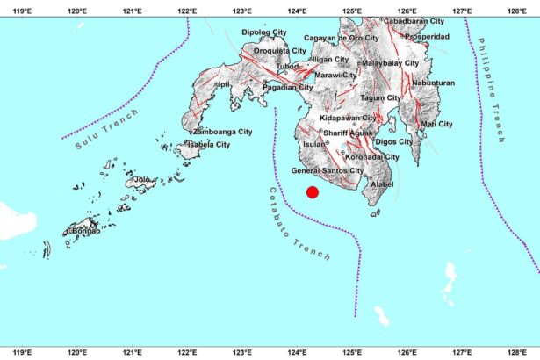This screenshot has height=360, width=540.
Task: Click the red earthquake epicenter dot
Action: [311, 193]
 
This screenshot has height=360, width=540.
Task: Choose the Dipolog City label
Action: [264, 32]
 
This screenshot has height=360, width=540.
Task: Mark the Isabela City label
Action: [208, 144]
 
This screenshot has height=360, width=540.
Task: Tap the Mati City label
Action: [436, 125]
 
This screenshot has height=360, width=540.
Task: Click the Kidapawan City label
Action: [349, 118]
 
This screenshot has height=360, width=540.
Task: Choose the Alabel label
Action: [382, 185]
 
